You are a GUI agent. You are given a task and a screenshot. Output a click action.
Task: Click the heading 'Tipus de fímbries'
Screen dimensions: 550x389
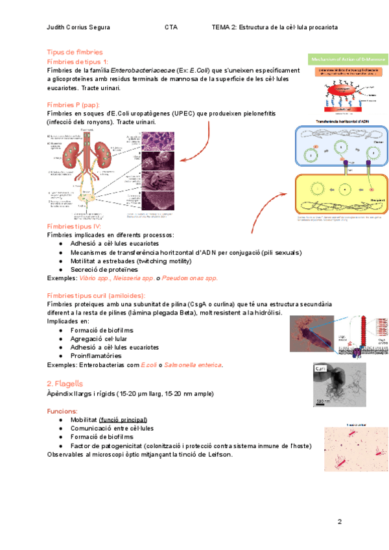tap(75, 52)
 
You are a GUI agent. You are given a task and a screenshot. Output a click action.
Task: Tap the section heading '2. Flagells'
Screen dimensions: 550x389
tap(65, 383)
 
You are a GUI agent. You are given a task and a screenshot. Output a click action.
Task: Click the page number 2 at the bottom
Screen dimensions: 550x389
tap(339, 522)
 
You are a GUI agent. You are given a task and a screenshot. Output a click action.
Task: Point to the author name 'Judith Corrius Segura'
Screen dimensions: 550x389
tap(78, 27)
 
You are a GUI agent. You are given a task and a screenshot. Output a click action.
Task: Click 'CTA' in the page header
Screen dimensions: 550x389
tap(171, 27)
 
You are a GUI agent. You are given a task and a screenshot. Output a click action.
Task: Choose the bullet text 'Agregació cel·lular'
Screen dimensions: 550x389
tap(99, 339)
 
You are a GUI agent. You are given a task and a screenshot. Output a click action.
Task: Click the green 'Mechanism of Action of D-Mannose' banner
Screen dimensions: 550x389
tap(348, 57)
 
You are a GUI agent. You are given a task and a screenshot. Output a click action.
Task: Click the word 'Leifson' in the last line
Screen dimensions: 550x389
tap(219, 455)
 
